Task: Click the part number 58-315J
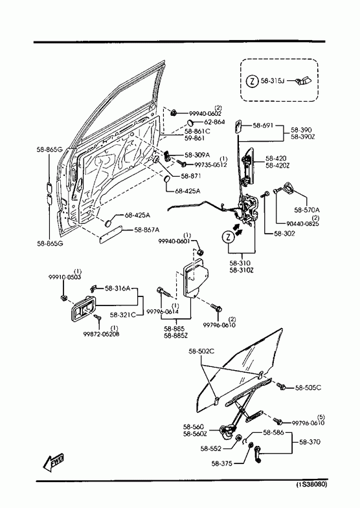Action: pos(273,81)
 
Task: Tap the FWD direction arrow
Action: pos(54,462)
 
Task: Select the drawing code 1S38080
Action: pos(311,485)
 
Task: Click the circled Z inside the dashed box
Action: pos(252,81)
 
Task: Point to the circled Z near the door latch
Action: pos(228,237)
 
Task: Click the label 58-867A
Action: pos(147,230)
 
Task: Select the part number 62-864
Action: pos(214,122)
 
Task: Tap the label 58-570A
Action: pos(307,210)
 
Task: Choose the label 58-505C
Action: pos(308,388)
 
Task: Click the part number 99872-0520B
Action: pos(101,334)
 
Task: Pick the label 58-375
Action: pos(221,463)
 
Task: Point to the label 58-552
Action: pos(210,448)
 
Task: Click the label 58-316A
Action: pos(117,288)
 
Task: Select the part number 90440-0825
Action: pos(302,223)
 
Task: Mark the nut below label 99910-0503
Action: pos(64,298)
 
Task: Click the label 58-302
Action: pos(284,233)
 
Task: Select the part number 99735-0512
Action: pos(210,164)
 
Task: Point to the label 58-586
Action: pos(273,432)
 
